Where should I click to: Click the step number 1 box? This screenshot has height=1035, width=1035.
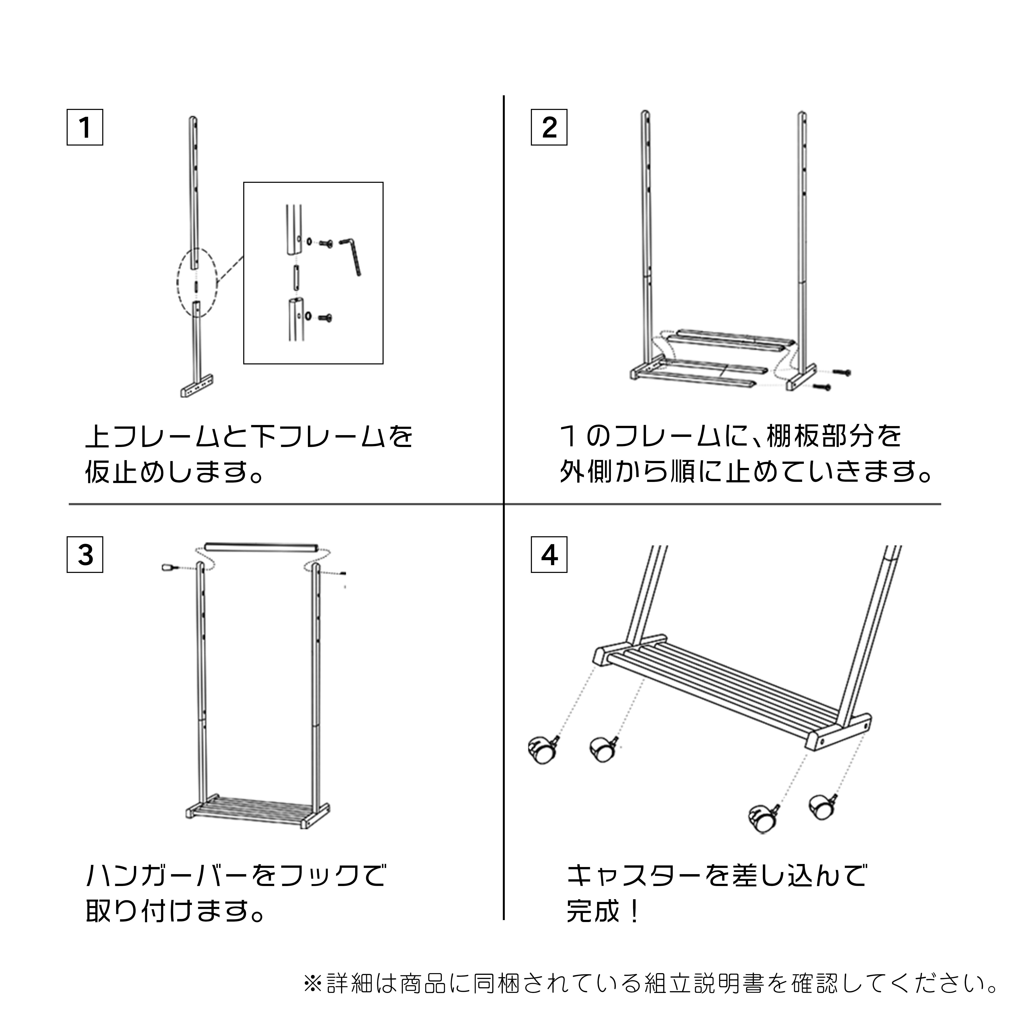85,127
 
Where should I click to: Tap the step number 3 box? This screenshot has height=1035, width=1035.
85,555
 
